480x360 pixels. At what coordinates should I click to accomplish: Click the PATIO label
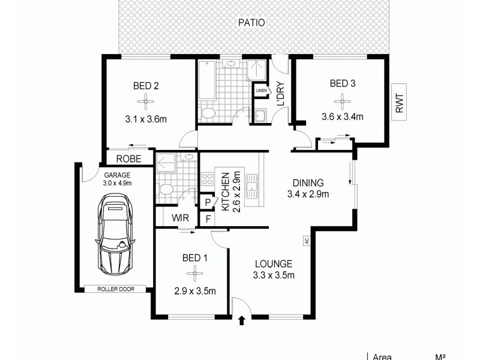pyautogui.click(x=251, y=23)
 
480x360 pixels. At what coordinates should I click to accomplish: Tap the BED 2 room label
pyautogui.click(x=146, y=86)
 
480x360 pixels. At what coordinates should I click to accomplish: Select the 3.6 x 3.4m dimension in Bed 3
pyautogui.click(x=343, y=117)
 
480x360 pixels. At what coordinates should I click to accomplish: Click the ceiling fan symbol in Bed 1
pyautogui.click(x=194, y=275)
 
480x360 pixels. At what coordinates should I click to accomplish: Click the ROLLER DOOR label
pyautogui.click(x=116, y=289)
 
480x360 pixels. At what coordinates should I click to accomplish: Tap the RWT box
pyautogui.click(x=400, y=100)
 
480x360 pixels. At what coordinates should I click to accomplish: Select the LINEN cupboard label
pyautogui.click(x=262, y=91)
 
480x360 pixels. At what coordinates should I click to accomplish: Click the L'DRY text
pyautogui.click(x=280, y=96)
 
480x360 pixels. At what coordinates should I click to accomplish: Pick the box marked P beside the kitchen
pyautogui.click(x=207, y=203)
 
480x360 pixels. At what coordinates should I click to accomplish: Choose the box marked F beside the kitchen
pyautogui.click(x=207, y=219)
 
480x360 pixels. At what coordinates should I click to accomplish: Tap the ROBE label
pyautogui.click(x=128, y=159)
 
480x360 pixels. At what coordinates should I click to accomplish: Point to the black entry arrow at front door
pyautogui.click(x=242, y=321)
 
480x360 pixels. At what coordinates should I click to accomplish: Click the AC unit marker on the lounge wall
pyautogui.click(x=306, y=241)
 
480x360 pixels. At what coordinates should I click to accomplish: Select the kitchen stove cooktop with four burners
pyautogui.click(x=208, y=178)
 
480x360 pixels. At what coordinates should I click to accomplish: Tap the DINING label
pyautogui.click(x=308, y=183)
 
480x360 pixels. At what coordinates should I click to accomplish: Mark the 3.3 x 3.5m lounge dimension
pyautogui.click(x=273, y=275)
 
